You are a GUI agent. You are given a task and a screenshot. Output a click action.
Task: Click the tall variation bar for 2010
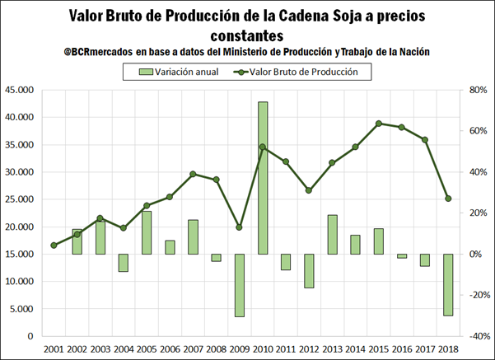pos(263,177)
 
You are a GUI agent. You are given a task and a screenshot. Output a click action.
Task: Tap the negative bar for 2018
pos(448,284)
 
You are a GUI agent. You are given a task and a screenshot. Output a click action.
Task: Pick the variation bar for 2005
pos(147,232)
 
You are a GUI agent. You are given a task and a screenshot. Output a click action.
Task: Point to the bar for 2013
pos(332,234)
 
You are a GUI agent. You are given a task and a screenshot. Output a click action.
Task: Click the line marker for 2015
pos(378,124)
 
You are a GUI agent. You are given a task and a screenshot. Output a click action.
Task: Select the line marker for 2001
pos(54,245)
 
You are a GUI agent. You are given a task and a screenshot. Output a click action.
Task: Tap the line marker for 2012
pos(309,190)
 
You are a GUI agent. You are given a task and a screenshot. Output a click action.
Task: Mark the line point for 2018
pos(448,199)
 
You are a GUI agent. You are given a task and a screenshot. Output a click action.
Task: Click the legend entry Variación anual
pos(175,72)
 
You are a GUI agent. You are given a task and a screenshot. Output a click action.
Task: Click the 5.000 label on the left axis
pos(23,309)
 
